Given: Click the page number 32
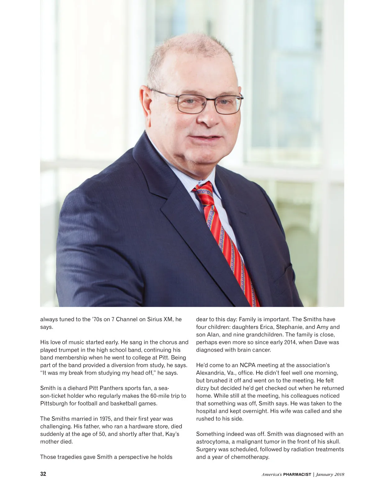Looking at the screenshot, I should (x=43, y=474).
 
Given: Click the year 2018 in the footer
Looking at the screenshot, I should (x=339, y=474).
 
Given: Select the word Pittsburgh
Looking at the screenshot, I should (x=54, y=404).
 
